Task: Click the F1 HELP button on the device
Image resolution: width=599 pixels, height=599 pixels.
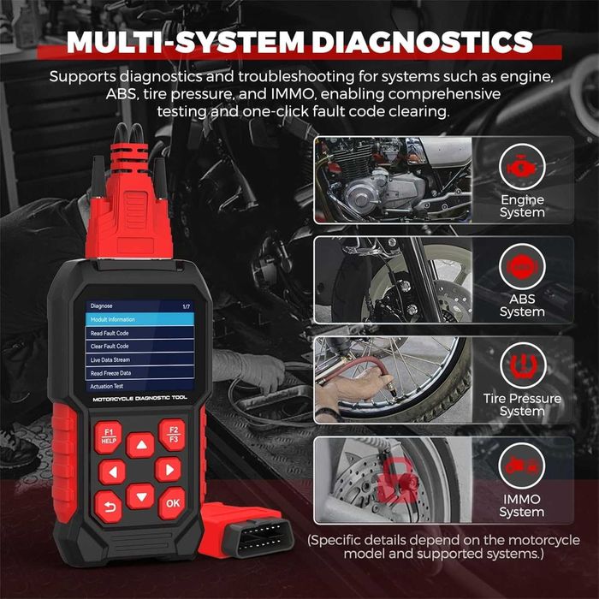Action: (108, 437)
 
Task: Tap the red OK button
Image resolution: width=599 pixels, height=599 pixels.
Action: (172, 502)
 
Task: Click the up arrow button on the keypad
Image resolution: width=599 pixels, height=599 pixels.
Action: (140, 445)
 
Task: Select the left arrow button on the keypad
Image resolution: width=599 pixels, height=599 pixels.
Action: (112, 471)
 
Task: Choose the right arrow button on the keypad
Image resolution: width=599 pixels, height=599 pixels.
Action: (168, 469)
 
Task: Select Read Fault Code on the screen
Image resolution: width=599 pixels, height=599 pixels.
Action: (110, 333)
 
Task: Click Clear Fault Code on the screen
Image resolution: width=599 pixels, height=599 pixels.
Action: (110, 347)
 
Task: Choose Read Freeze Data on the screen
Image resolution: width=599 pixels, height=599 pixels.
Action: (111, 373)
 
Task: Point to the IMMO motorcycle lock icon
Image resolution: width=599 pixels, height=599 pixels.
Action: (522, 467)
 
